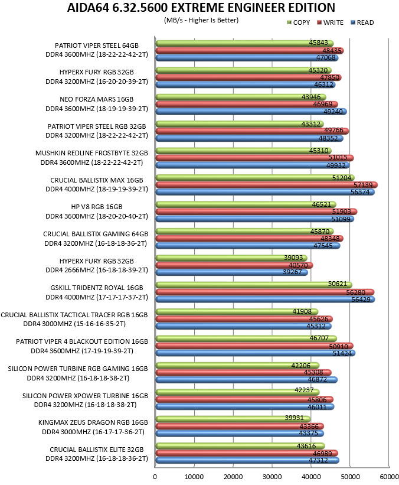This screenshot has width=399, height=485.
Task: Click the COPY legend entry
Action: pyautogui.click(x=299, y=22)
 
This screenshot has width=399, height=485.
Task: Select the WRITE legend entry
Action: pyautogui.click(x=331, y=22)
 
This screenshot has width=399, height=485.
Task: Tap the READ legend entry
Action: pyautogui.click(x=362, y=22)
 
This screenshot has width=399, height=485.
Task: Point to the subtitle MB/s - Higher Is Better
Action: pyautogui.click(x=201, y=21)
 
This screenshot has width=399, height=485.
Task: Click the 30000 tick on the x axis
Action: pyautogui.click(x=272, y=477)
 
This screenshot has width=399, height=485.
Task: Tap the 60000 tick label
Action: pyautogui.click(x=389, y=477)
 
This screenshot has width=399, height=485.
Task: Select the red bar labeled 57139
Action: pyautogui.click(x=266, y=185)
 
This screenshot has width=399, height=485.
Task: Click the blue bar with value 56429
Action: pyautogui.click(x=265, y=300)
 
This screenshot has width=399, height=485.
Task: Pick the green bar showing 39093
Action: pyautogui.click(x=231, y=258)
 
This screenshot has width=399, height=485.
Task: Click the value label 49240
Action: pyautogui.click(x=333, y=112)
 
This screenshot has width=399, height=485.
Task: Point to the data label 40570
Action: pyautogui.click(x=298, y=265)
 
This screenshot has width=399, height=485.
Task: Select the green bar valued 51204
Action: pyautogui.click(x=255, y=178)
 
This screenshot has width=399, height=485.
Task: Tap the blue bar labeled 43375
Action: pyautogui.click(x=240, y=434)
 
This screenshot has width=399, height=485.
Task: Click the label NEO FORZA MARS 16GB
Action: pyautogui.click(x=96, y=99)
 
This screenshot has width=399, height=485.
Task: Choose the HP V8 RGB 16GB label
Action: pyautogui.click(x=97, y=207)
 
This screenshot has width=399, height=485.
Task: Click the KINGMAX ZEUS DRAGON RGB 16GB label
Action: pyautogui.click(x=93, y=422)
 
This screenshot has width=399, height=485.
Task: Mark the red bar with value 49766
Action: pyautogui.click(x=252, y=131)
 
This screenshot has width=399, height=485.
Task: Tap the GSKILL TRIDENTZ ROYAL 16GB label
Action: pyautogui.click(x=97, y=288)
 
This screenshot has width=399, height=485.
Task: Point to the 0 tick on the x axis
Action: pyautogui.click(x=155, y=477)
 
